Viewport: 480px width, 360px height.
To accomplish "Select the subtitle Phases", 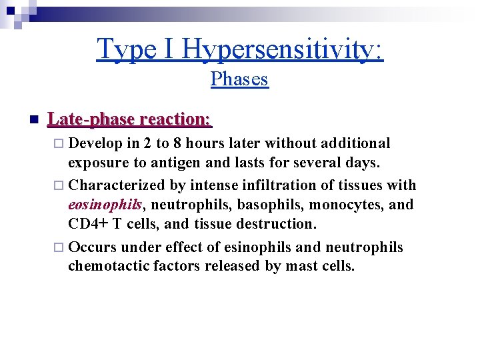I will click(x=239, y=79).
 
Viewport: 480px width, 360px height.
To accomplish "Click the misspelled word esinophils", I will click(x=257, y=247).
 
